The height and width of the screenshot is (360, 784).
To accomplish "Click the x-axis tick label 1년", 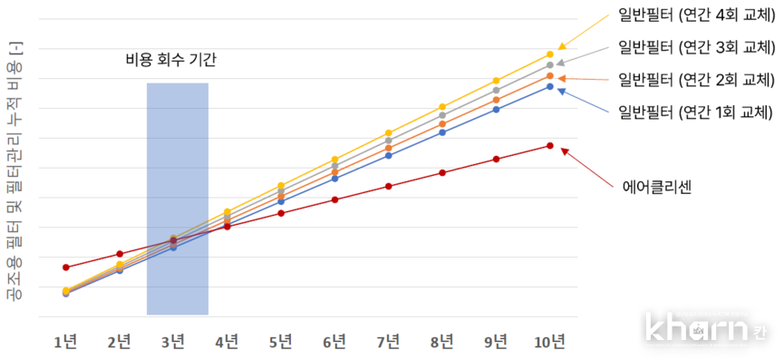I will pyautogui.click(x=65, y=341).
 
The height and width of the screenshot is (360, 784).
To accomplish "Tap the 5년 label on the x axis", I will pyautogui.click(x=281, y=341).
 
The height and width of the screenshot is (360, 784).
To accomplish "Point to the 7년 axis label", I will pyautogui.click(x=388, y=341).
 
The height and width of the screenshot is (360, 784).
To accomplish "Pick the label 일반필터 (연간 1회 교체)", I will pyautogui.click(x=694, y=112).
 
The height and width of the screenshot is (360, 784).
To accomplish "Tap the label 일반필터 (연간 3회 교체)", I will pyautogui.click(x=694, y=47).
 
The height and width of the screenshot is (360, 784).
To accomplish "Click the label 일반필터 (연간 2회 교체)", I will pyautogui.click(x=694, y=80).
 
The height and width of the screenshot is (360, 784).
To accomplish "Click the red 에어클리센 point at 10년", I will pyautogui.click(x=550, y=146).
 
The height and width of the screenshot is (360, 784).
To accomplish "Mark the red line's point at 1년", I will pyautogui.click(x=65, y=268).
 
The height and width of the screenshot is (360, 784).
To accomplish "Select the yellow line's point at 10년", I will pyautogui.click(x=550, y=54).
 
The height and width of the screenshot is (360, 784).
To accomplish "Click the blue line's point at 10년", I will pyautogui.click(x=550, y=86).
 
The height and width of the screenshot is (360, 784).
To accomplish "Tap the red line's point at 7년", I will pyautogui.click(x=388, y=186).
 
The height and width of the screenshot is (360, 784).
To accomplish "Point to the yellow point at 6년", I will pyautogui.click(x=334, y=160).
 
